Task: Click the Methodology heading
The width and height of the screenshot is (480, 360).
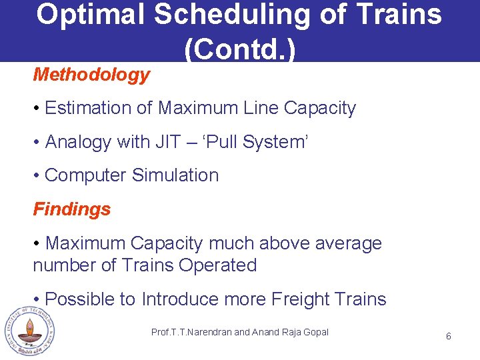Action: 91,75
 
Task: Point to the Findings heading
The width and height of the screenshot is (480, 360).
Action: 72,209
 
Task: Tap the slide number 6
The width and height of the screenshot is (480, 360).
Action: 448,336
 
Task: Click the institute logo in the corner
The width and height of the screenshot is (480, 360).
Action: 29,331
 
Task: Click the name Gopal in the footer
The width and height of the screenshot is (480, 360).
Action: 314,332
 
